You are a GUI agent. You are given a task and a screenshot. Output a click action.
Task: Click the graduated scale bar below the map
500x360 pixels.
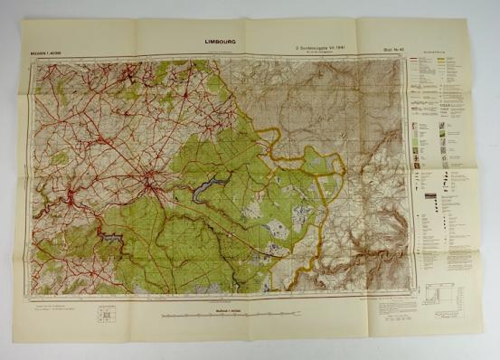click(x=223, y=317)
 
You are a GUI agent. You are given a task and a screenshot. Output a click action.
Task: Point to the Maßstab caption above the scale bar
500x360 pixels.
click(x=223, y=310)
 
